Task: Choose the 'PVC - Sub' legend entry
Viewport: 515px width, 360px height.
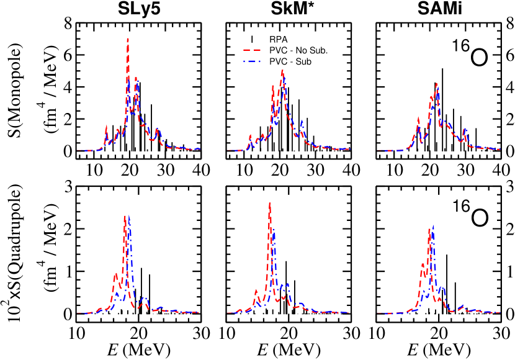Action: tap(290, 61)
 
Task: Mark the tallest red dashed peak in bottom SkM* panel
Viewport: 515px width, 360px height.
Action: tap(269, 203)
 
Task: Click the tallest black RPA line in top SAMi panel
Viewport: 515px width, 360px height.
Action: tap(442, 68)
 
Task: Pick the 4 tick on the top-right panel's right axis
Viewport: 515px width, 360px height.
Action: tap(508, 87)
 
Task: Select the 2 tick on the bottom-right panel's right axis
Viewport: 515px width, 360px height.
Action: tap(508, 229)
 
